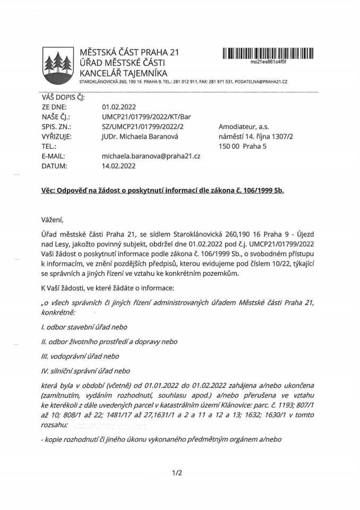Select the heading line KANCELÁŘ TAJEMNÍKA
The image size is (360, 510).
123,73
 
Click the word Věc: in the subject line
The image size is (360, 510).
49,191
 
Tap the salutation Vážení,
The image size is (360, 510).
55,219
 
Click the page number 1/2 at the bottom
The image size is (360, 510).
177,473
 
